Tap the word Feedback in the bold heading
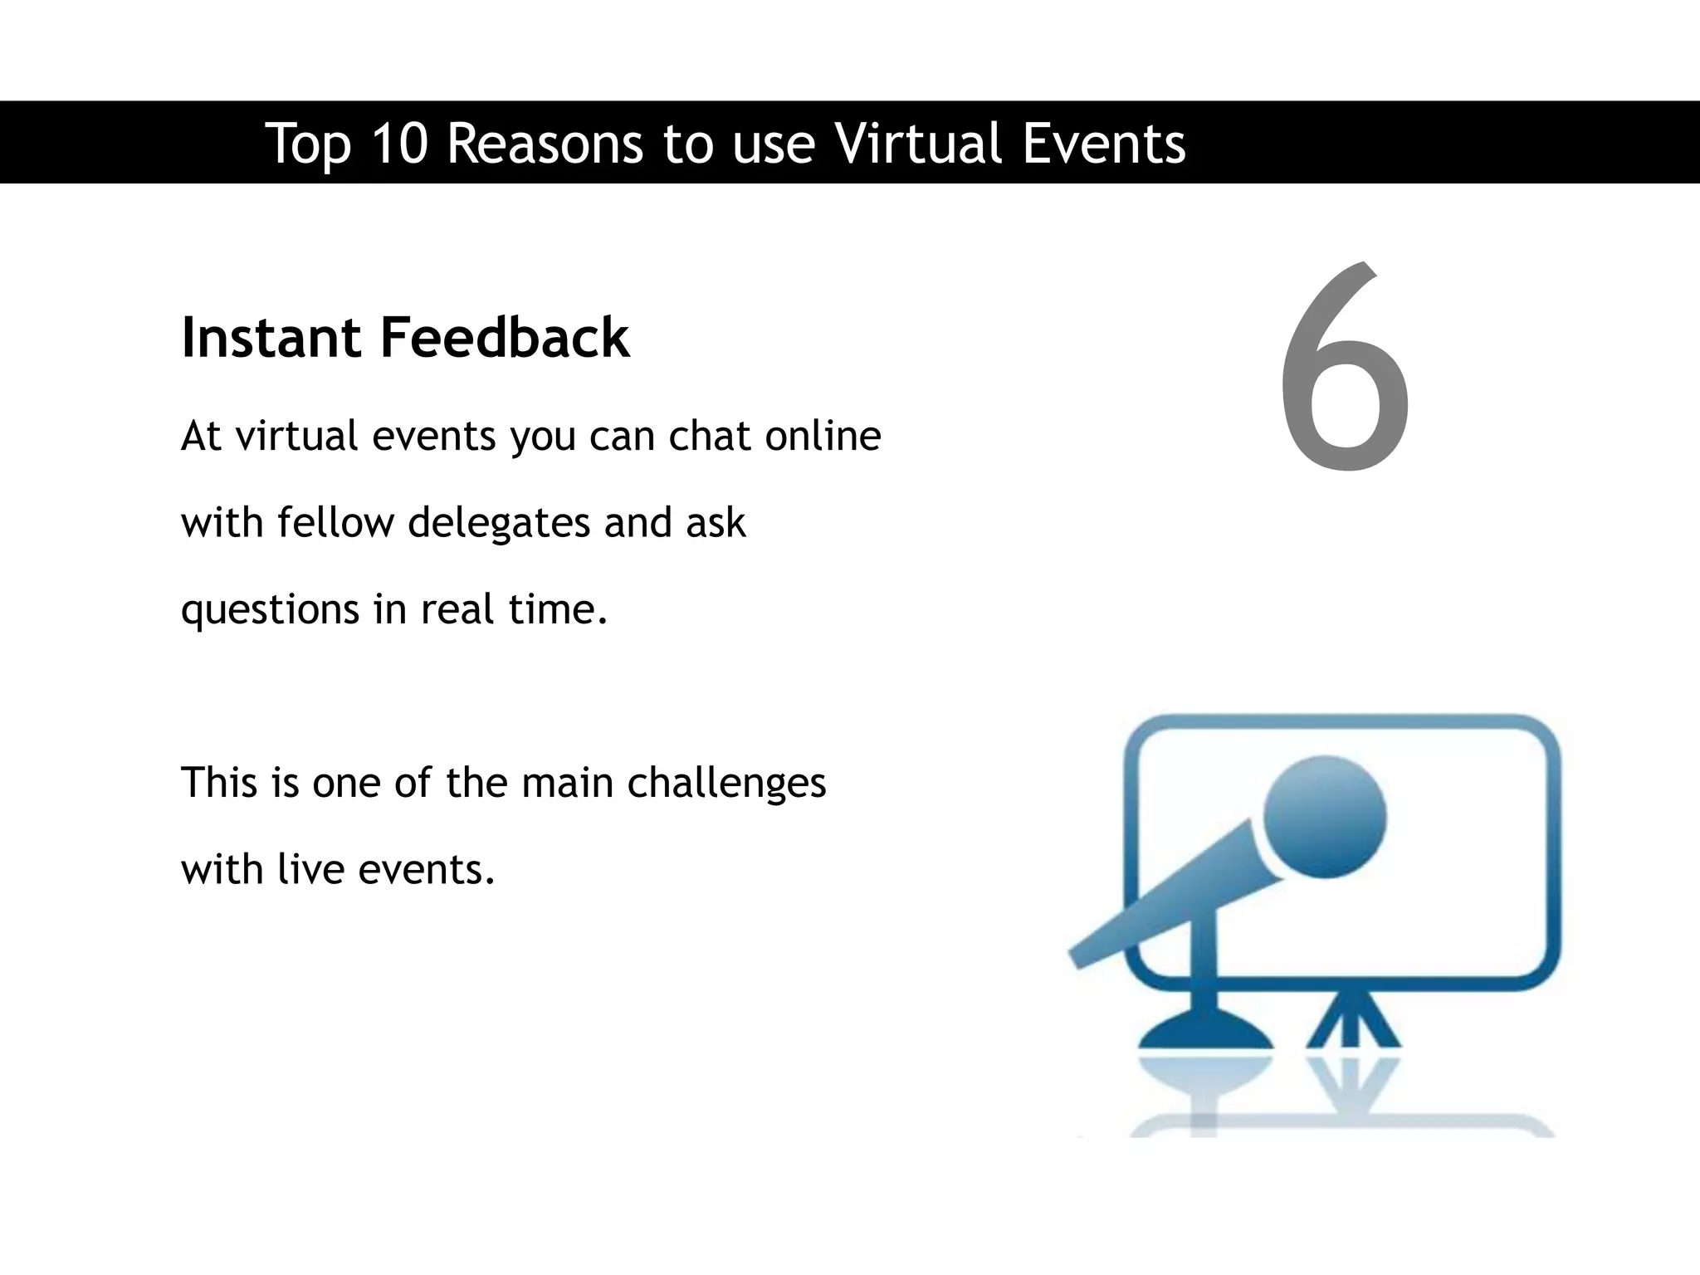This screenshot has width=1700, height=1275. coord(505,338)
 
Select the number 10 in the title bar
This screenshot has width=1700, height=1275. coord(398,143)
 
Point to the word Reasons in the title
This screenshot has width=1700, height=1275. coord(545,143)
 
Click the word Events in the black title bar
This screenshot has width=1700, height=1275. coord(1103,143)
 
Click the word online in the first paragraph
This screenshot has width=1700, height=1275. coord(823,436)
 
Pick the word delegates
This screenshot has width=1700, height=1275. coord(499,524)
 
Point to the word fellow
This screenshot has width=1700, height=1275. coord(335,522)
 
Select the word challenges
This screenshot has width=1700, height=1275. coord(726,784)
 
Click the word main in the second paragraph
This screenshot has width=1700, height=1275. coord(568,783)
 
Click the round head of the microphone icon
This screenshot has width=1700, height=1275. coord(1324,817)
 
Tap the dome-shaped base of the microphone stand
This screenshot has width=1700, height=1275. coord(1205,1033)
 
